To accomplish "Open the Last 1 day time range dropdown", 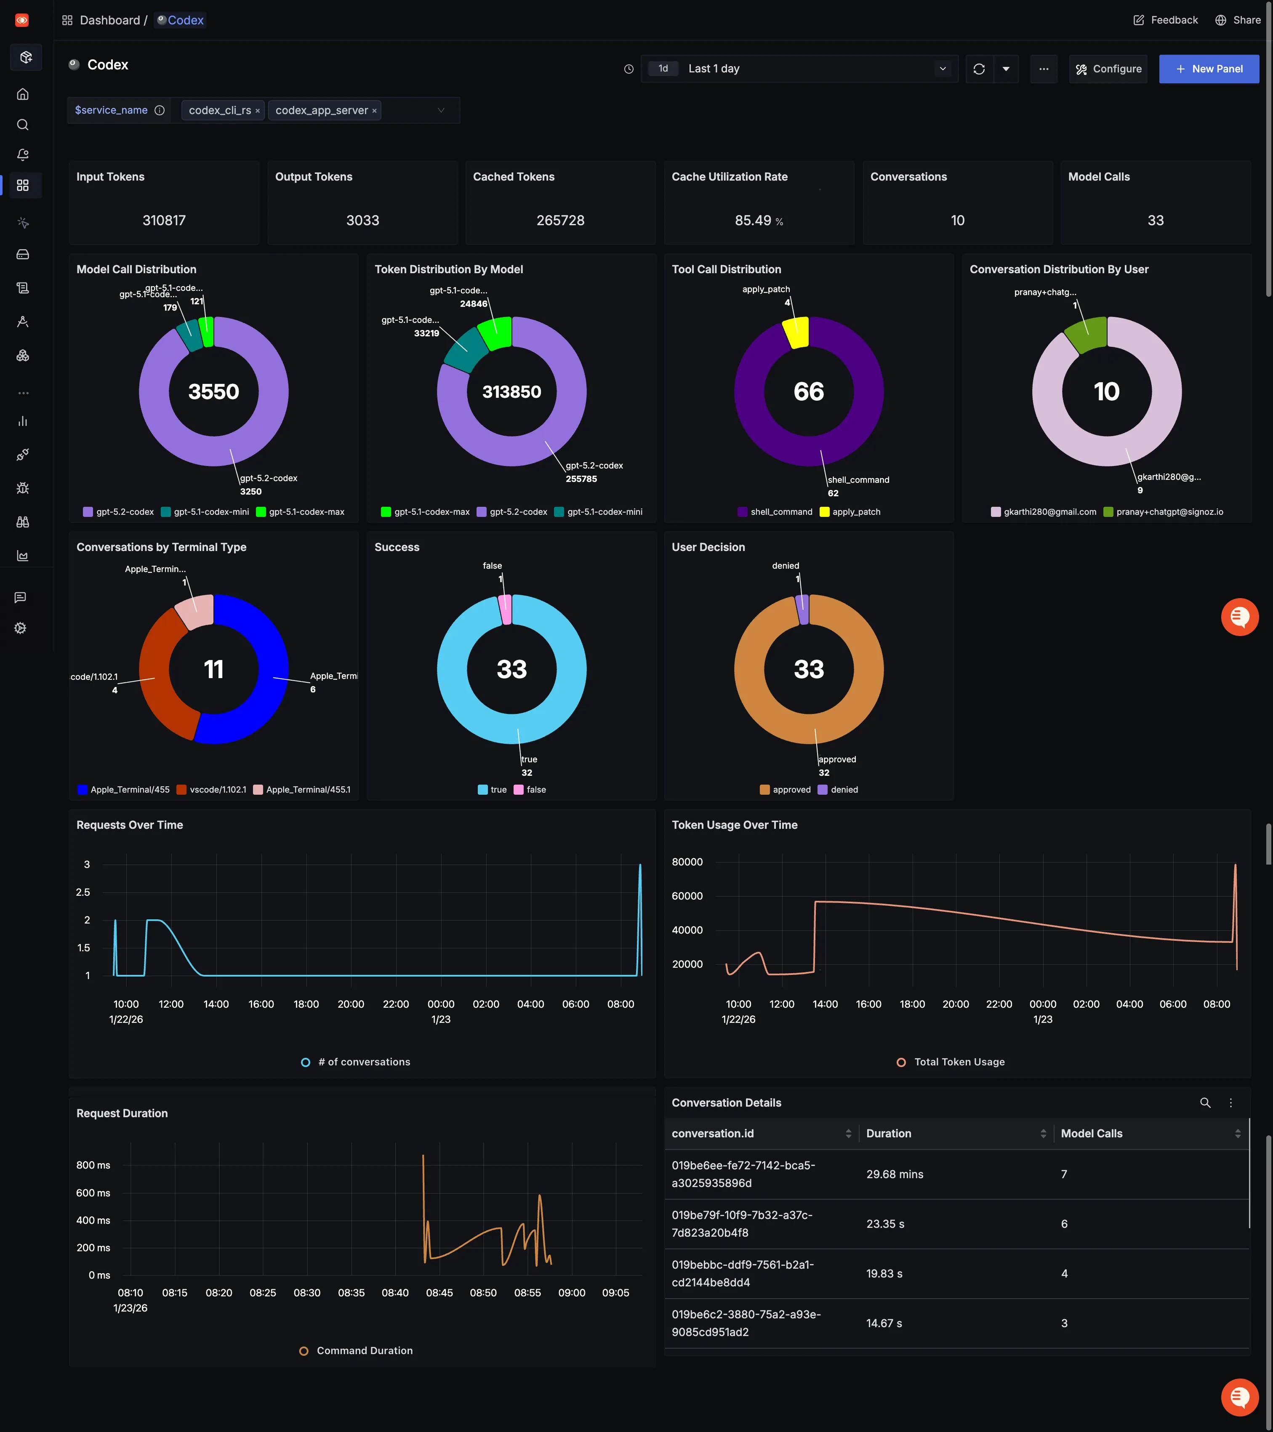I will (799, 69).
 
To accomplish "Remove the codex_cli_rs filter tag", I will (258, 111).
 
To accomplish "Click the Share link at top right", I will (1238, 20).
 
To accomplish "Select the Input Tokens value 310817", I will (164, 221).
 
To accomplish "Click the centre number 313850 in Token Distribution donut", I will (511, 391).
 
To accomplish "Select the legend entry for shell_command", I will (775, 512).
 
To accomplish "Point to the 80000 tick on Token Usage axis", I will (687, 862).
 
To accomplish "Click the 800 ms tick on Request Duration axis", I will (93, 1165).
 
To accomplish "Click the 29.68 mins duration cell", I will (895, 1174).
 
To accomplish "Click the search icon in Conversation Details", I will (1205, 1103).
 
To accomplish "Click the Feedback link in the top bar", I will (1166, 20).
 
